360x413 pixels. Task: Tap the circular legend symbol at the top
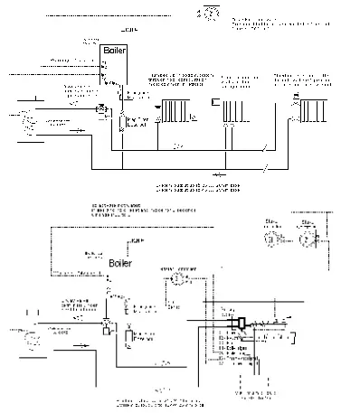pos(210,14)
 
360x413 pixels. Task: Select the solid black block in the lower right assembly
pos(242,321)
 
